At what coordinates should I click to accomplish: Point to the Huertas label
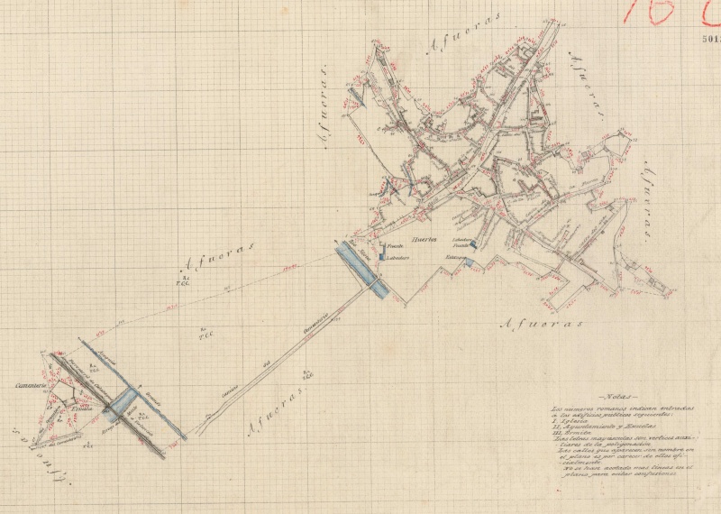coord(424,240)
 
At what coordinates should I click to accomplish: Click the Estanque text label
coord(453,258)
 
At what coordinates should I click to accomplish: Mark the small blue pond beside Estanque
coord(469,262)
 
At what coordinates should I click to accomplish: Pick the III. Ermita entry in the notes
coord(572,434)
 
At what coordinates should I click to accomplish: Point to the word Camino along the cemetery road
coord(230,390)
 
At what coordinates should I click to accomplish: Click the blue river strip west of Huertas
coord(360,267)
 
